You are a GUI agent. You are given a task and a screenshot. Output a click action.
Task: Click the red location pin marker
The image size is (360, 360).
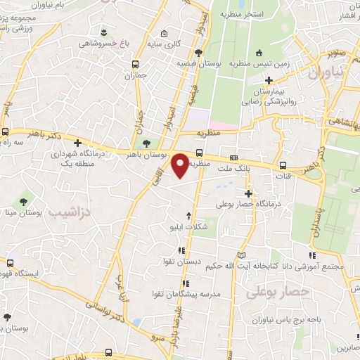pyautogui.click(x=181, y=165)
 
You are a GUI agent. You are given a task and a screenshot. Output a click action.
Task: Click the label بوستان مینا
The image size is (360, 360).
pyautogui.click(x=30, y=212)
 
